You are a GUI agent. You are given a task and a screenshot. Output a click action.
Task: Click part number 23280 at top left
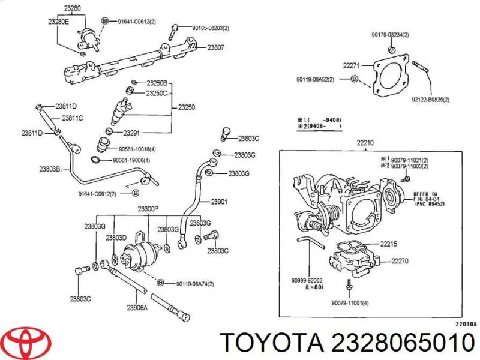(x=73, y=8)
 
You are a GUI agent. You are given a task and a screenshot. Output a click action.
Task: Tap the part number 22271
(x=351, y=65)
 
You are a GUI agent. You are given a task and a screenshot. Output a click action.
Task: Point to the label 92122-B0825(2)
(x=430, y=100)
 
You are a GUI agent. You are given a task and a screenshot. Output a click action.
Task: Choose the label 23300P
(x=147, y=209)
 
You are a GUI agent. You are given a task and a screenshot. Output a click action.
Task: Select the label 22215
(x=389, y=244)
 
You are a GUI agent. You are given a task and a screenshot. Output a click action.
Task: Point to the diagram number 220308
(x=466, y=324)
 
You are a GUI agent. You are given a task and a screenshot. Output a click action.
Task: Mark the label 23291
(x=132, y=133)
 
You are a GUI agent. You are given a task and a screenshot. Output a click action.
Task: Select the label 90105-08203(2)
(x=211, y=28)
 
